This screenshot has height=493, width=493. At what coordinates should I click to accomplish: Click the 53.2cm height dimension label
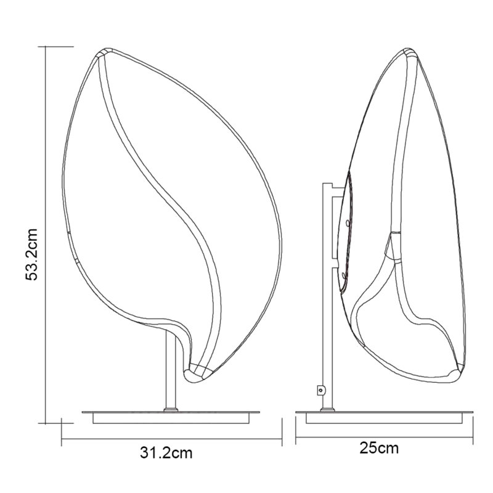(32, 255)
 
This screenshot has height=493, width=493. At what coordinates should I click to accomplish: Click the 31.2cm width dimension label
(166, 453)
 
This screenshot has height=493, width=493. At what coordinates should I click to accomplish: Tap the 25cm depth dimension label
(379, 448)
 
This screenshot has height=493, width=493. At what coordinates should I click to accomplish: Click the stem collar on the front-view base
(171, 409)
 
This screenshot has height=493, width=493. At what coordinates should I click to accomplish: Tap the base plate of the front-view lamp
(171, 417)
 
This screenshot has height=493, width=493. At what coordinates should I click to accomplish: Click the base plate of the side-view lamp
(384, 417)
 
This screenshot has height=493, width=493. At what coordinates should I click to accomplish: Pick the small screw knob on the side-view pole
(320, 390)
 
